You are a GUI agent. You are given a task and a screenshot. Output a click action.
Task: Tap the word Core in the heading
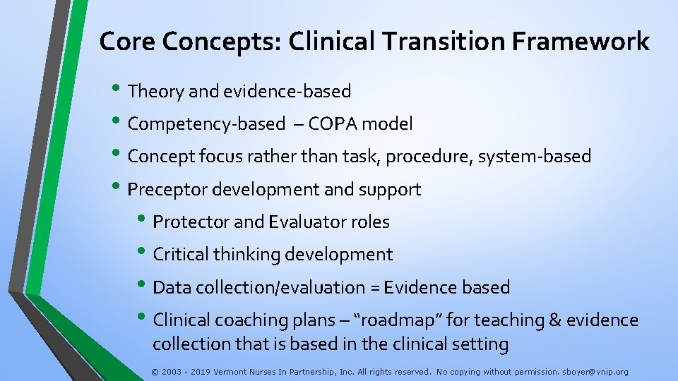127,42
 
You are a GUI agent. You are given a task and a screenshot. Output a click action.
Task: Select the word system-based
535,157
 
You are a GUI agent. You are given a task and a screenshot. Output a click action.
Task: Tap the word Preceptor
167,189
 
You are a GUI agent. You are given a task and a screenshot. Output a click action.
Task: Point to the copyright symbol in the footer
155,371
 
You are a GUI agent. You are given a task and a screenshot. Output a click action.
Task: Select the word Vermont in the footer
232,371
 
